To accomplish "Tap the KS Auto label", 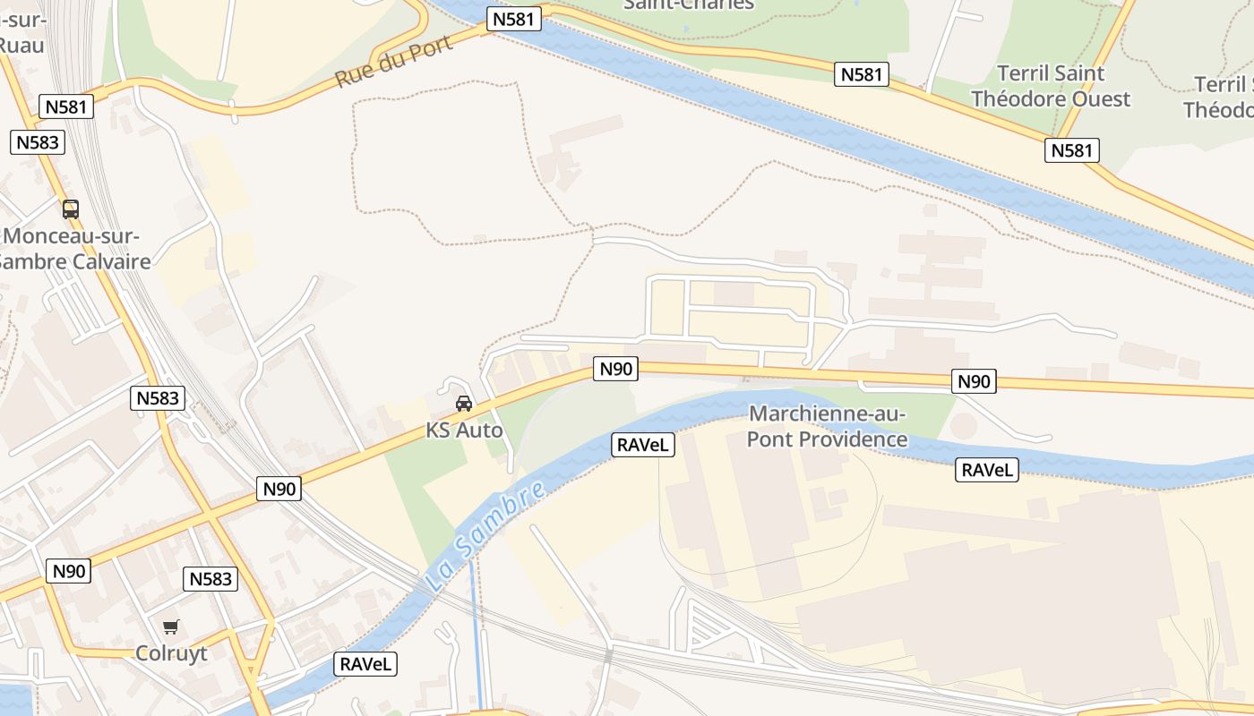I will [x=464, y=430].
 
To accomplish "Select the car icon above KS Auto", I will [x=464, y=404].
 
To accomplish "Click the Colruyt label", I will [x=171, y=653].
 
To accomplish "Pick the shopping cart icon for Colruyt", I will [x=171, y=626].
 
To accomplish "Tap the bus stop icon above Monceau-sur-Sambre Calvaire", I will [x=71, y=209].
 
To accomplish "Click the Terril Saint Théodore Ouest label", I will [x=1051, y=86].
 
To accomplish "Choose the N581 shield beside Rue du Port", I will [x=514, y=19].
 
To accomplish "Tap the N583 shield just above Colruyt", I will [x=210, y=579].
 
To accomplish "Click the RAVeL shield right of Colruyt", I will [x=365, y=664].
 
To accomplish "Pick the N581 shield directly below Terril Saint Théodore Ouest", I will [x=1071, y=150].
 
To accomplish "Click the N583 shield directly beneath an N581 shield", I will [x=38, y=142].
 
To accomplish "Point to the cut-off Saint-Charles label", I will [x=688, y=5].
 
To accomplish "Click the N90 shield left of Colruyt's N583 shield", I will [x=69, y=571].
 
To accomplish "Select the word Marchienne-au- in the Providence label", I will [x=828, y=414].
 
